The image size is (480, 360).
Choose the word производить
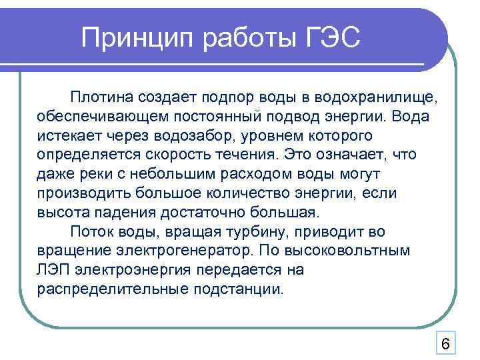[x=85, y=193]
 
